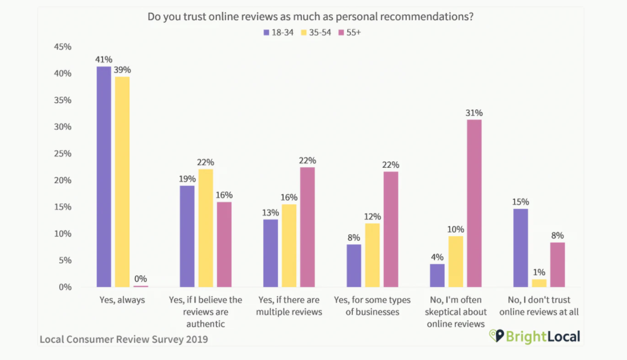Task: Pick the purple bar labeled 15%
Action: [520, 248]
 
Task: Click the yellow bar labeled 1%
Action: [539, 283]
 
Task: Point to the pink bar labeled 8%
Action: [557, 265]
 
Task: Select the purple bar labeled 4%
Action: [437, 275]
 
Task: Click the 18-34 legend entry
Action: [278, 33]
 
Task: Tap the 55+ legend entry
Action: [349, 33]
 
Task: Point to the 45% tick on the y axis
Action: [63, 47]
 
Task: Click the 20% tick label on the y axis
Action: [63, 180]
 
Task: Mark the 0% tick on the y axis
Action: [65, 287]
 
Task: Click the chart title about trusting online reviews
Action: [310, 17]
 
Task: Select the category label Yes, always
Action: [122, 300]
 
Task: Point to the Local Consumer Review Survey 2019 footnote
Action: [123, 339]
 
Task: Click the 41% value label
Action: [104, 59]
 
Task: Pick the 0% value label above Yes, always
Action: [141, 279]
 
